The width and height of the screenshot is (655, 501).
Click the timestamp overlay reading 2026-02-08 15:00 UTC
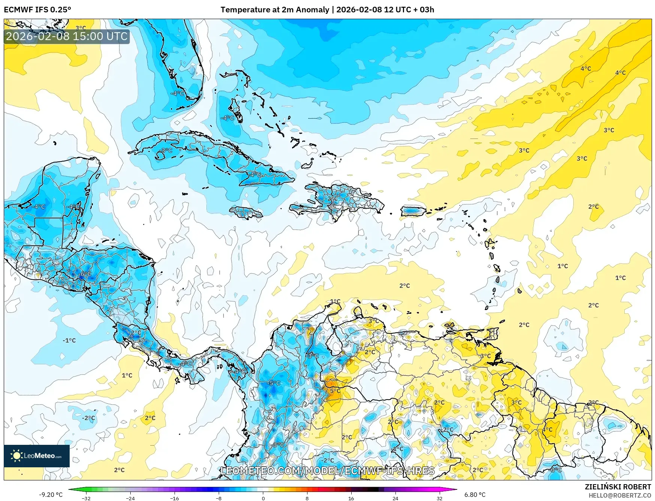coord(67,36)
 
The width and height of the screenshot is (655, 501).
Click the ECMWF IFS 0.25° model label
coord(37,10)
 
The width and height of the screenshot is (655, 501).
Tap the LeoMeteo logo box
coord(37,456)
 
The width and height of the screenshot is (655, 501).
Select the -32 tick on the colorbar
coord(86,498)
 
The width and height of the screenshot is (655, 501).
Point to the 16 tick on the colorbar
coord(351,498)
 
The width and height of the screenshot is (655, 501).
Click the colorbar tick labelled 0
coord(263,498)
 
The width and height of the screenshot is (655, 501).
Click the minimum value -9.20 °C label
coord(51,495)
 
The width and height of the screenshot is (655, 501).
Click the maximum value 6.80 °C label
coord(474,495)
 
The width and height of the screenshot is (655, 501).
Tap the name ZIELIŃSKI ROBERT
coord(618,487)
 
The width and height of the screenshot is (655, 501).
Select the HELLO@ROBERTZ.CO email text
coord(619,495)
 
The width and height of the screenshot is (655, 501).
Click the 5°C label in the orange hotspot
coord(335,391)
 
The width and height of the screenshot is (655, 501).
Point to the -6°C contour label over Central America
coord(85,274)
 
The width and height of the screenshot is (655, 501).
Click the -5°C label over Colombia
coord(274,383)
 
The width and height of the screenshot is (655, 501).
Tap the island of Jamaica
coord(246,213)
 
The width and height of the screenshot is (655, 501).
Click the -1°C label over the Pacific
coord(69,340)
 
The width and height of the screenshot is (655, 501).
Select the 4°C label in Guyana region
coord(547,429)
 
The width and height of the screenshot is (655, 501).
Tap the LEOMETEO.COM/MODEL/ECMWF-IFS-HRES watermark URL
coord(328,471)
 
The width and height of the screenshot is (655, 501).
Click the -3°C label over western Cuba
coord(166,151)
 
